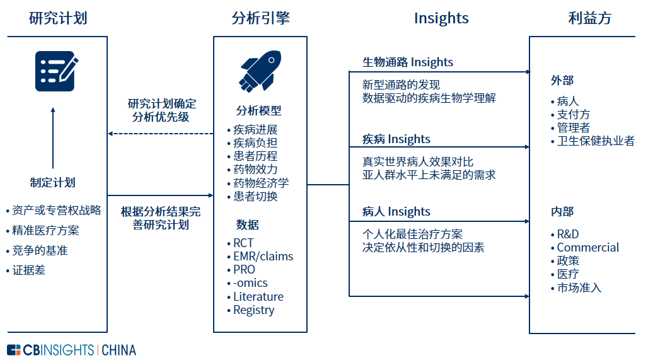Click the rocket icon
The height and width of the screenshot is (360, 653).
[260, 71]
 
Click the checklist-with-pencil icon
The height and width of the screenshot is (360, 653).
[57, 71]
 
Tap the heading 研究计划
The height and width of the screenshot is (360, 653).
[58, 18]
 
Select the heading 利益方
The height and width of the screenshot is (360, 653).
[590, 18]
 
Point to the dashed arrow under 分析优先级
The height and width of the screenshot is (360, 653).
[161, 134]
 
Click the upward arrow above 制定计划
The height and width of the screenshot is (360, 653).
[53, 138]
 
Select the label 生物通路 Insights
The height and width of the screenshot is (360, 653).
[408, 62]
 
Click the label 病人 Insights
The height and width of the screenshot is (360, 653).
[396, 212]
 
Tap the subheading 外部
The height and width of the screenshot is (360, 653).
[562, 81]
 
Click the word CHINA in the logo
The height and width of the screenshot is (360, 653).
[118, 350]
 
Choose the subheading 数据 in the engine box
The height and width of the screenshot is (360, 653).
[247, 225]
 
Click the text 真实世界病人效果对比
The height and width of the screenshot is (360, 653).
[418, 161]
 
